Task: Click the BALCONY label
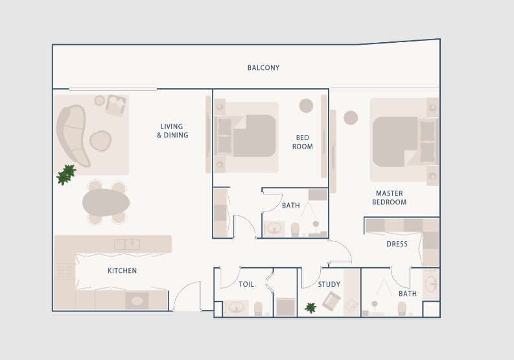pos(263,67)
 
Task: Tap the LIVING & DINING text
pos(172,131)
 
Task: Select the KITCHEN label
pos(122,270)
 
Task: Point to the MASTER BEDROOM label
pos(389,198)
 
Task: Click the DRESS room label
pos(397,244)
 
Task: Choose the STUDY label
pos(329,284)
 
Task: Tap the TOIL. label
pos(247,284)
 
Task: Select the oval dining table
pos(106,202)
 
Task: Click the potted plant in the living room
pos(66,174)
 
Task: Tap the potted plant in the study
pos(310,307)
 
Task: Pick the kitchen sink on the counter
pos(127,244)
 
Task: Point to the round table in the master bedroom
pos(351,117)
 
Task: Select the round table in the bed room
pos(306,105)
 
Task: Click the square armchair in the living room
pos(116,104)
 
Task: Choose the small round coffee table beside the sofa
pos(100,139)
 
